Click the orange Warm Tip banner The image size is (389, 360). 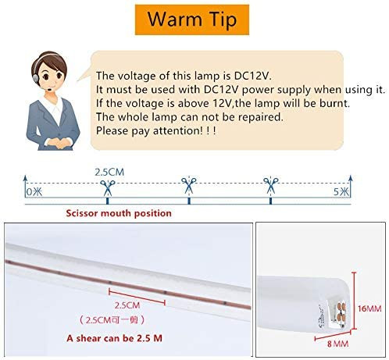click(x=192, y=20)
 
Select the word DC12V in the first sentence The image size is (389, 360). click(x=251, y=76)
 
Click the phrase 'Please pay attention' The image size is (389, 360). click(x=148, y=130)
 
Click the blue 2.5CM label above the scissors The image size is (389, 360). click(x=109, y=172)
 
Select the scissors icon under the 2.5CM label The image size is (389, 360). click(x=108, y=187)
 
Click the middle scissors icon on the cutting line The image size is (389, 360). click(x=189, y=185)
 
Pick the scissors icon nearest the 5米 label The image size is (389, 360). click(x=271, y=185)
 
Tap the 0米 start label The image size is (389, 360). click(x=34, y=192)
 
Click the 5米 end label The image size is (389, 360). click(x=341, y=192)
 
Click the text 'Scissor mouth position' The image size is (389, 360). click(x=119, y=213)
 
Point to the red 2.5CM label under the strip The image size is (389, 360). click(x=127, y=305)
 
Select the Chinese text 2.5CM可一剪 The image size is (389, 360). click(x=112, y=319)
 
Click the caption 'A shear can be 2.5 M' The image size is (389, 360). click(x=114, y=338)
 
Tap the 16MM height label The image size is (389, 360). click(x=369, y=308)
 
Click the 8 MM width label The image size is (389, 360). click(x=337, y=344)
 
